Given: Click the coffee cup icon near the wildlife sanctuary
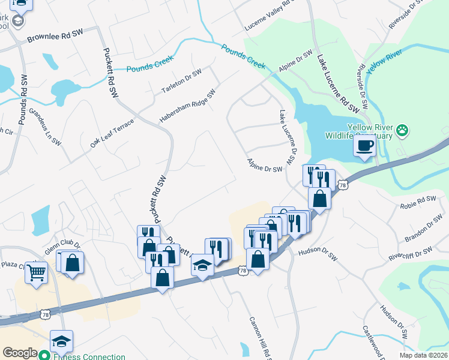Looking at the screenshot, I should [364, 145].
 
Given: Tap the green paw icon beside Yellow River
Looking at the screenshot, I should [402, 130].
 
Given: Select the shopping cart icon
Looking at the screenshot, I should [36, 272].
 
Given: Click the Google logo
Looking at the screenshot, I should [20, 353].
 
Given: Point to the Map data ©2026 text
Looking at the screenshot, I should [424, 355].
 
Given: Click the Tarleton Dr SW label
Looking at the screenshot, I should [182, 81].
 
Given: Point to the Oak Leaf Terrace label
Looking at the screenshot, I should [112, 133].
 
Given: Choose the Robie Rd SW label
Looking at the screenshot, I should [418, 199].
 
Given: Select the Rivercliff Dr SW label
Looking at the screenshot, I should [411, 254].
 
